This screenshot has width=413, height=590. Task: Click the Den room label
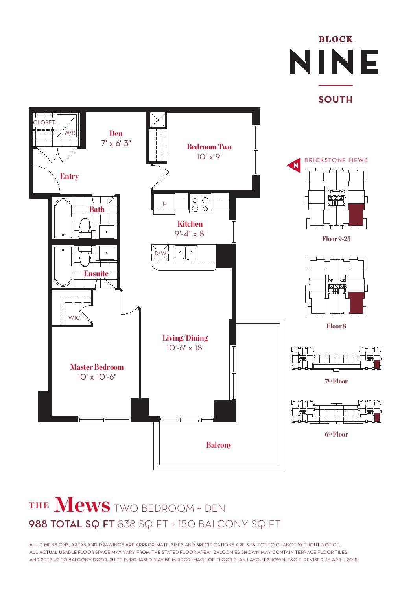[x=116, y=133]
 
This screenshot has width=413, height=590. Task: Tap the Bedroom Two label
[x=209, y=147]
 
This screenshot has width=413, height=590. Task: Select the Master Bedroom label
[x=97, y=367]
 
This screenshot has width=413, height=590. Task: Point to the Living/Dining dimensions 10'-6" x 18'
[x=185, y=348]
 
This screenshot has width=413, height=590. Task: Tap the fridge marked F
[x=164, y=202]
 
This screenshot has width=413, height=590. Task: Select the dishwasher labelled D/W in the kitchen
[x=160, y=253]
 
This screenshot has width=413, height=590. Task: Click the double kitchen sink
[x=186, y=253]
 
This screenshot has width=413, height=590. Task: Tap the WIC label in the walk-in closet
[x=74, y=318]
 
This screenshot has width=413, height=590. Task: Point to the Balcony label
[x=219, y=445]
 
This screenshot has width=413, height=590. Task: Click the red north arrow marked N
[x=294, y=165]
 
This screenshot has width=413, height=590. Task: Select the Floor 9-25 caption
[x=336, y=239]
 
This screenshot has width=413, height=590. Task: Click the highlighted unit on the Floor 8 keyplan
[x=357, y=302]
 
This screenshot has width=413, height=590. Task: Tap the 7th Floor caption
[x=336, y=381]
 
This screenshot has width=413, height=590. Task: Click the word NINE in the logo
[x=334, y=62]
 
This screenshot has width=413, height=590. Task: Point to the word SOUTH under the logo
[x=336, y=99]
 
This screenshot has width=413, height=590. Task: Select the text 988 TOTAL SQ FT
[x=72, y=524]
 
